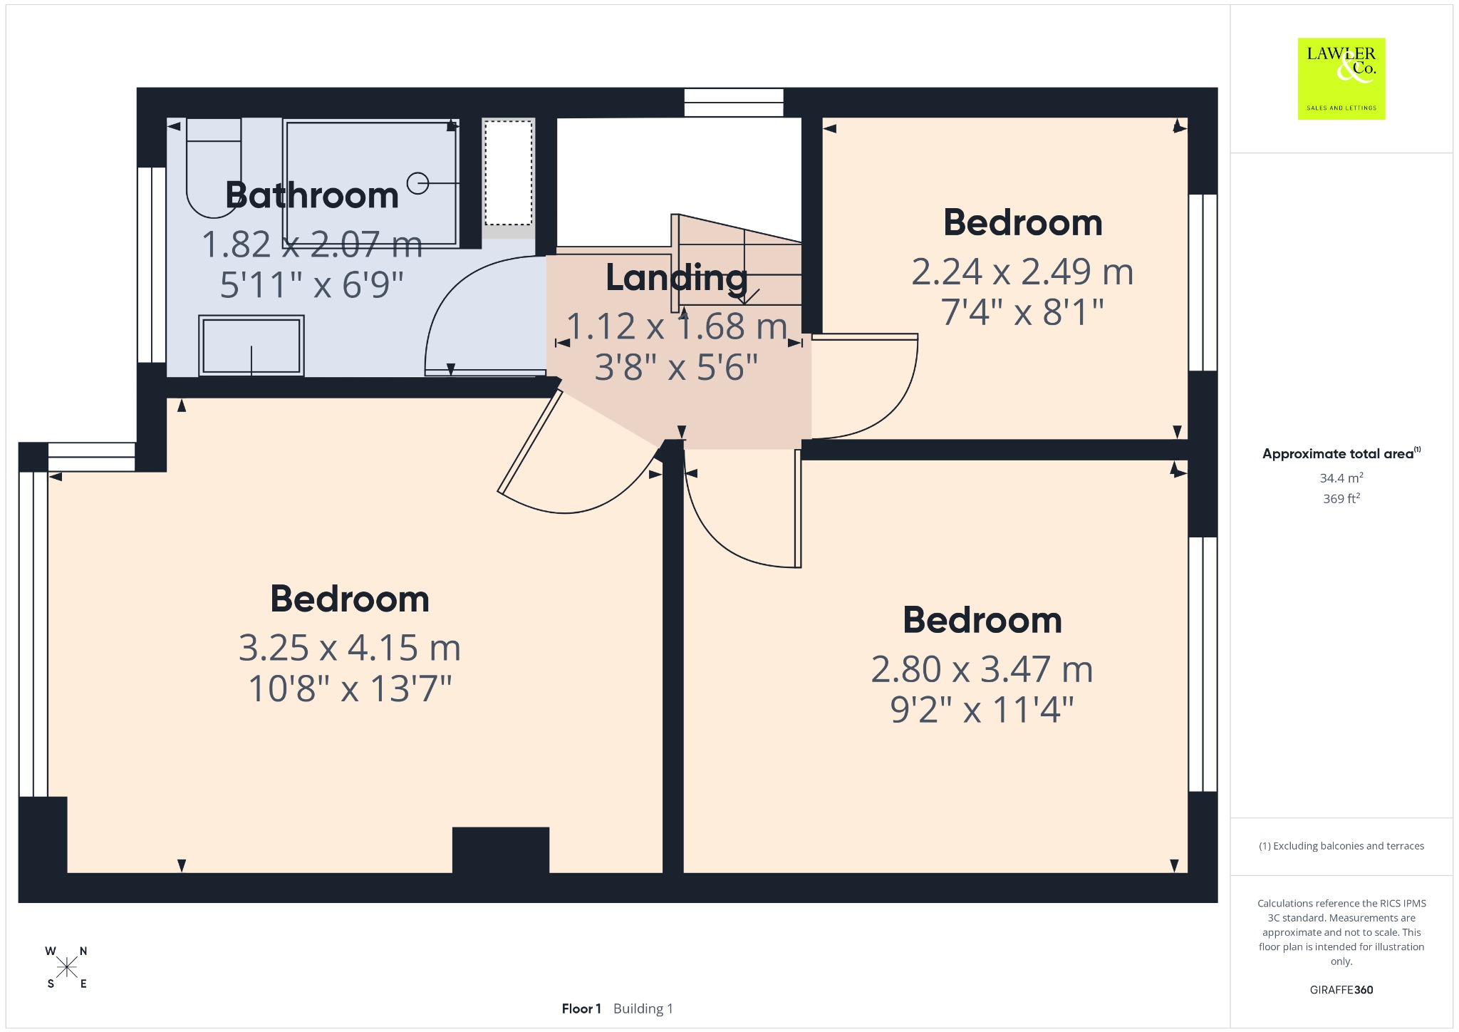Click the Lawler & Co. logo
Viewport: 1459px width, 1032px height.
[x=1341, y=78]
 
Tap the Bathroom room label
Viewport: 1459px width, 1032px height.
[x=312, y=195]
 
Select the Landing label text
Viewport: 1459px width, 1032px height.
[x=676, y=278]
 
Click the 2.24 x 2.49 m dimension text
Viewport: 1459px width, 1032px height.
[x=1022, y=272]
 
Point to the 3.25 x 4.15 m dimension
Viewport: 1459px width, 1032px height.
[x=350, y=648]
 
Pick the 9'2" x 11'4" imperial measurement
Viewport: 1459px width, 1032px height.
[x=982, y=710]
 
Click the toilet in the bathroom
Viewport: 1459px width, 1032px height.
[x=214, y=167]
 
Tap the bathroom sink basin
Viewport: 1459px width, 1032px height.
[x=251, y=346]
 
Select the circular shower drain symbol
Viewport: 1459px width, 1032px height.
[x=417, y=184]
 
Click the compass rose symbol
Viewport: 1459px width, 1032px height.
[x=67, y=967]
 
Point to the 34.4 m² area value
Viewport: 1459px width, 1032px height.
[x=1341, y=478]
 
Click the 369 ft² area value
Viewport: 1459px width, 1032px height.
[x=1341, y=498]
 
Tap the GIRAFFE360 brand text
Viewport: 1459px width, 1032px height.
[x=1341, y=989]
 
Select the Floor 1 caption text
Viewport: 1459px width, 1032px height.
[x=581, y=1008]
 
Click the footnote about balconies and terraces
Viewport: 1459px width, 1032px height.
[x=1341, y=846]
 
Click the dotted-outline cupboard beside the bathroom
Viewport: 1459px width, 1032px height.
[x=508, y=172]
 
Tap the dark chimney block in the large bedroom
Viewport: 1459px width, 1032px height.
[x=501, y=850]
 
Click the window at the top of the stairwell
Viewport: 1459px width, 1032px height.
[x=734, y=103]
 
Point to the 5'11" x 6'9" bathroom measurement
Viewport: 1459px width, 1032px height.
[x=312, y=284]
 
